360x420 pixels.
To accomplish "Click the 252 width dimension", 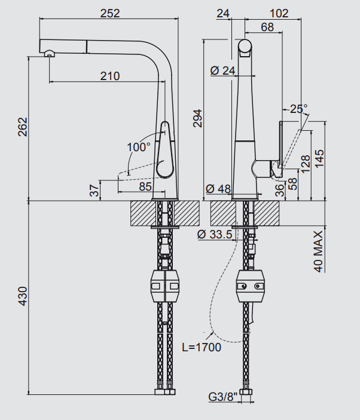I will point(109,13).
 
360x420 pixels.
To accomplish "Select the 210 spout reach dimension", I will point(110,76).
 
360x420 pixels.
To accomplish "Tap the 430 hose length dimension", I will point(23,297).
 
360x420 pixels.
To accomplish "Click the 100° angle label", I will point(139,146).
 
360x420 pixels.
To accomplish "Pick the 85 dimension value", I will point(145,186).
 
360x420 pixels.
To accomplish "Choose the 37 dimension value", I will point(94,191).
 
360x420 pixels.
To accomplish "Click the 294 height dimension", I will point(199,119).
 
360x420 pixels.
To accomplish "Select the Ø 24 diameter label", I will point(223,70).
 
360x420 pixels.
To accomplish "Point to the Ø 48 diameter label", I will point(218,189).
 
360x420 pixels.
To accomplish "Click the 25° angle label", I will point(298,109).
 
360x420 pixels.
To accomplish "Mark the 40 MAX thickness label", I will point(318,251).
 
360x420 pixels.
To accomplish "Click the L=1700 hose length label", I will point(202,347).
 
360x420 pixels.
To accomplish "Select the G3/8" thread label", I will point(223,396).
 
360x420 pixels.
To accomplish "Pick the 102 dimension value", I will point(279,13).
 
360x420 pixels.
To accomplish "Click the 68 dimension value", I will point(267,27).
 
